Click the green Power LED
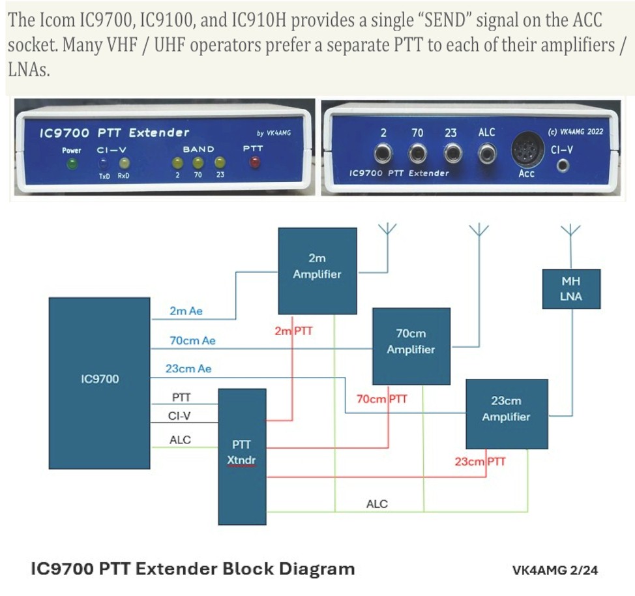[x=72, y=164]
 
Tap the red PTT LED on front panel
[x=254, y=162]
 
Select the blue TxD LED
[x=104, y=163]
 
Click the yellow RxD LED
[x=124, y=163]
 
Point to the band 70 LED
[x=198, y=163]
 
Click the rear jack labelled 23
[x=452, y=154]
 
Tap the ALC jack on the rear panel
[x=486, y=154]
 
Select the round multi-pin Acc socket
[x=527, y=149]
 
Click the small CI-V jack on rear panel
[x=563, y=166]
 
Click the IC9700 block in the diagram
[x=99, y=383]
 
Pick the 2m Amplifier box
[x=317, y=271]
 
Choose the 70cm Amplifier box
[x=411, y=346]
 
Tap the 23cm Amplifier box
[x=507, y=413]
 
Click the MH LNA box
[x=571, y=289]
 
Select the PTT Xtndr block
[x=242, y=456]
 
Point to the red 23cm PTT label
[x=480, y=462]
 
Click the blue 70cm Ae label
[x=192, y=341]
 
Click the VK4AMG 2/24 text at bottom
[x=555, y=570]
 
